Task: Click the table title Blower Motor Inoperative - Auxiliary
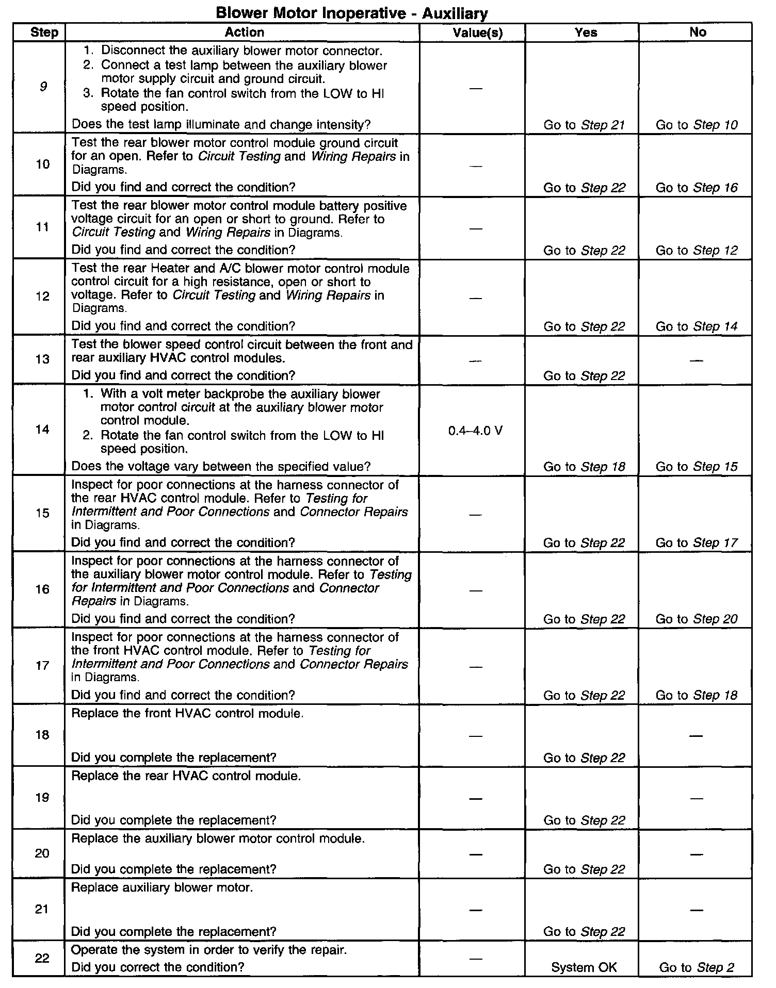click(x=351, y=12)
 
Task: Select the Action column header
click(x=244, y=32)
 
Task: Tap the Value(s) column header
click(x=477, y=32)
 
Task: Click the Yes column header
click(x=586, y=32)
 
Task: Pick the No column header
click(x=698, y=32)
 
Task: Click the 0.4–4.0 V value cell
click(x=475, y=431)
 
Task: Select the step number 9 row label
click(x=43, y=87)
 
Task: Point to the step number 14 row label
click(x=42, y=430)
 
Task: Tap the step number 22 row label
click(x=42, y=958)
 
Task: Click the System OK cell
click(x=584, y=967)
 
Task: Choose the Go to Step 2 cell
click(x=697, y=967)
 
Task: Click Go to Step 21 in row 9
click(x=584, y=125)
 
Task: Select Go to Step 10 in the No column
click(x=697, y=125)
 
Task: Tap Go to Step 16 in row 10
click(x=697, y=188)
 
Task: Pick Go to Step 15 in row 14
click(x=697, y=467)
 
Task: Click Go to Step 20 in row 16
click(x=697, y=619)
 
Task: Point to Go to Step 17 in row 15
click(x=697, y=542)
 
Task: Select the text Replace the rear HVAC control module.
click(x=186, y=776)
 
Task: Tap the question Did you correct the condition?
click(x=157, y=967)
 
